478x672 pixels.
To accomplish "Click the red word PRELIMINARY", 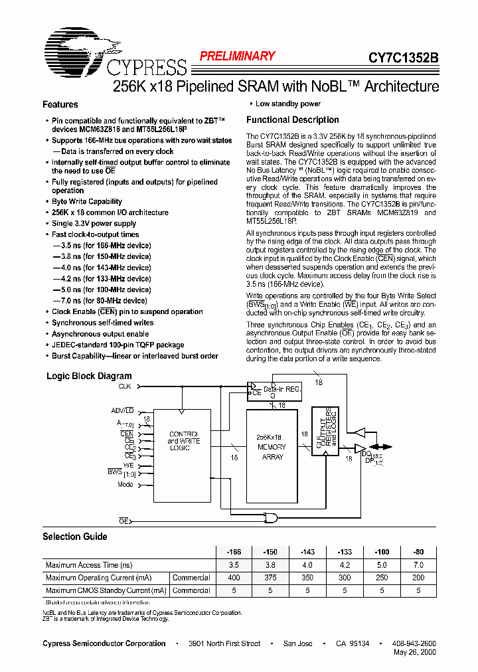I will [x=237, y=56].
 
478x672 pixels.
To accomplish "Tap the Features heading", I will [x=60, y=104].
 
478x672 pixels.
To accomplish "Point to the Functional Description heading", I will [x=292, y=120].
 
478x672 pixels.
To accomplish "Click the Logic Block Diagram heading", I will [x=89, y=376].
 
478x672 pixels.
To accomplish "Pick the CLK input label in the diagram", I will [x=125, y=386].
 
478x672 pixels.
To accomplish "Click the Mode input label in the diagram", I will [x=125, y=484].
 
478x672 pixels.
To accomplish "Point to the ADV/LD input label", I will [x=122, y=410].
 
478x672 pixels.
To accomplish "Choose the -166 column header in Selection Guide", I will [x=234, y=552].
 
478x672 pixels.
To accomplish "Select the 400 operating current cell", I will [x=234, y=578].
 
